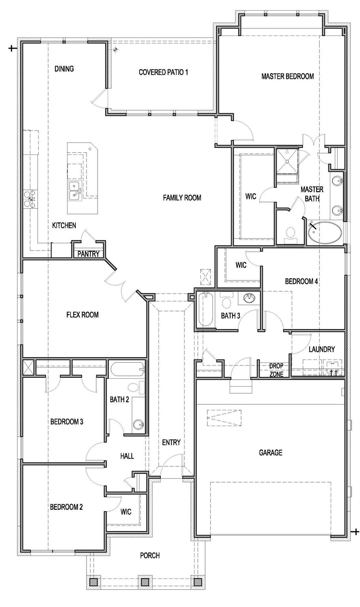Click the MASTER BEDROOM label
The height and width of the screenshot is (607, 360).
tap(287, 76)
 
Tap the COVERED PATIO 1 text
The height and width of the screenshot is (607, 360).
tap(163, 72)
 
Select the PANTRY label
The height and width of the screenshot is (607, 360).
tap(88, 254)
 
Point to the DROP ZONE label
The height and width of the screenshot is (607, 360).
tap(276, 370)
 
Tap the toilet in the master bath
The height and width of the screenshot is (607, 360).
tap(291, 235)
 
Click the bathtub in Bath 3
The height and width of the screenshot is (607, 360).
tap(205, 309)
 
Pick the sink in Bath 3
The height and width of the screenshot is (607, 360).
tap(249, 298)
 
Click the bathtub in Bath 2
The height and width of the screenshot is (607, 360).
tap(126, 370)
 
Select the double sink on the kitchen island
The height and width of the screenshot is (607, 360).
tap(75, 190)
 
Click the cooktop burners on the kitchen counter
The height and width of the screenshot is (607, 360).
tap(30, 198)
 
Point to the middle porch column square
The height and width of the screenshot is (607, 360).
tap(144, 582)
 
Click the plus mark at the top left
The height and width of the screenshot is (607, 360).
tap(12, 48)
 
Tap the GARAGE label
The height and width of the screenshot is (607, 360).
tap(270, 452)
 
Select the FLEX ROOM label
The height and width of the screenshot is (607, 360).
tap(82, 315)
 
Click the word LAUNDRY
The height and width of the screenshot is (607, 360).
tap(322, 349)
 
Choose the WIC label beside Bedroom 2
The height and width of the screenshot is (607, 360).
tap(126, 512)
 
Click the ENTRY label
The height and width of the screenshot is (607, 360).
tap(171, 442)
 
